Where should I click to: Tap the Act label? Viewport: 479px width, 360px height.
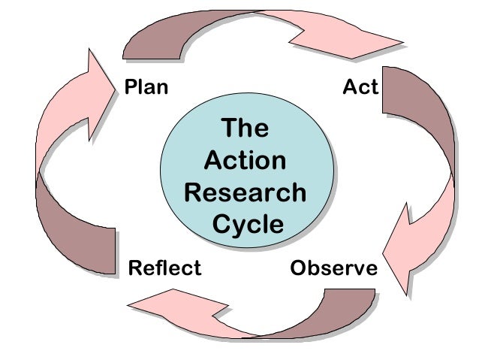(x=360, y=87)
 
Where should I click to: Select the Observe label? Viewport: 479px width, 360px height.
(x=333, y=268)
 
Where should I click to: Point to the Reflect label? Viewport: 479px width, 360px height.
(x=165, y=268)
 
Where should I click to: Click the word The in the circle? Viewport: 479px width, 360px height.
(x=245, y=129)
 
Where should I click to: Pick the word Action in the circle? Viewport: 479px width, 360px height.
(x=245, y=161)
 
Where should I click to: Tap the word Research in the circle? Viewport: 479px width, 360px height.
(x=245, y=192)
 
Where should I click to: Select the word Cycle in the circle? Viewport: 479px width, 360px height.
(x=247, y=225)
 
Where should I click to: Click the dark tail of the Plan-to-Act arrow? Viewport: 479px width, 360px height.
(x=154, y=38)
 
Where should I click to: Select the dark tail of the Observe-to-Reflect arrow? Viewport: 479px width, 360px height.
(x=338, y=308)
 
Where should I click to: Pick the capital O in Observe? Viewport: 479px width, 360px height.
(x=298, y=268)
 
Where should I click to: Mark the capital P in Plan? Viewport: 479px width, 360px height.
(x=129, y=87)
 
